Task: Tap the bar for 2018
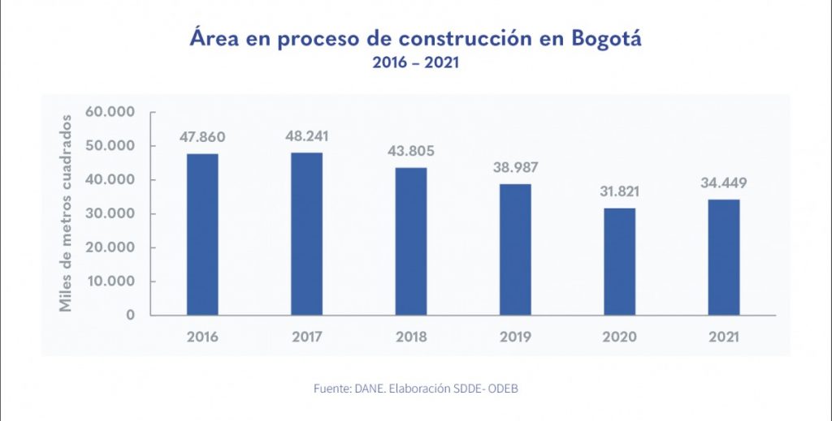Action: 410,241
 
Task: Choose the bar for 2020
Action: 619,261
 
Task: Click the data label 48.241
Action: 306,136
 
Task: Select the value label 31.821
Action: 619,192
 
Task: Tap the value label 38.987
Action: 515,168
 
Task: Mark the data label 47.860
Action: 202,137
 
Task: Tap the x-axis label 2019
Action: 515,337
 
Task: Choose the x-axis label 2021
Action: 723,337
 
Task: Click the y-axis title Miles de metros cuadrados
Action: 66,213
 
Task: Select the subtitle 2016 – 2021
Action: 415,63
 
